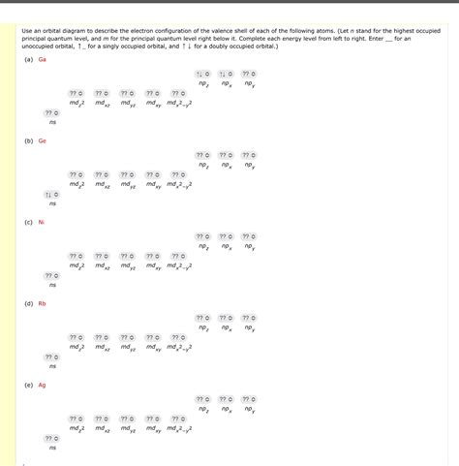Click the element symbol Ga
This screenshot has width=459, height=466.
click(x=43, y=60)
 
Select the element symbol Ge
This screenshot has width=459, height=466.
click(x=43, y=141)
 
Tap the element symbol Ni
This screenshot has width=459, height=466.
click(x=41, y=223)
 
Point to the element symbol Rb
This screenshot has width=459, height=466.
click(x=43, y=304)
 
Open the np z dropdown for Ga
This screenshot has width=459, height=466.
click(x=203, y=74)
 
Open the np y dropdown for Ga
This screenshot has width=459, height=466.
click(x=250, y=74)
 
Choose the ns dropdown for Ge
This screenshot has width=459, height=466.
click(x=52, y=195)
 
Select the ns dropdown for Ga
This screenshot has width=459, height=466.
click(x=52, y=113)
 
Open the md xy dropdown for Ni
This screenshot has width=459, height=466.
click(x=153, y=256)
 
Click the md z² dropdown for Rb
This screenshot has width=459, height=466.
click(x=77, y=337)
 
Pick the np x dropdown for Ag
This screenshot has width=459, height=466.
click(x=227, y=399)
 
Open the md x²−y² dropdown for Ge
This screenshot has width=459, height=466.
click(x=179, y=174)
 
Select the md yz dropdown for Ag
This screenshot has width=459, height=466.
click(x=128, y=419)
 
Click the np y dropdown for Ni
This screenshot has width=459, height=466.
click(x=250, y=236)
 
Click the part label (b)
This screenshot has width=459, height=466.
click(x=28, y=141)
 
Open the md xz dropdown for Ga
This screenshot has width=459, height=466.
click(x=103, y=93)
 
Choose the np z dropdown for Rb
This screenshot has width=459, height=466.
click(x=203, y=318)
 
